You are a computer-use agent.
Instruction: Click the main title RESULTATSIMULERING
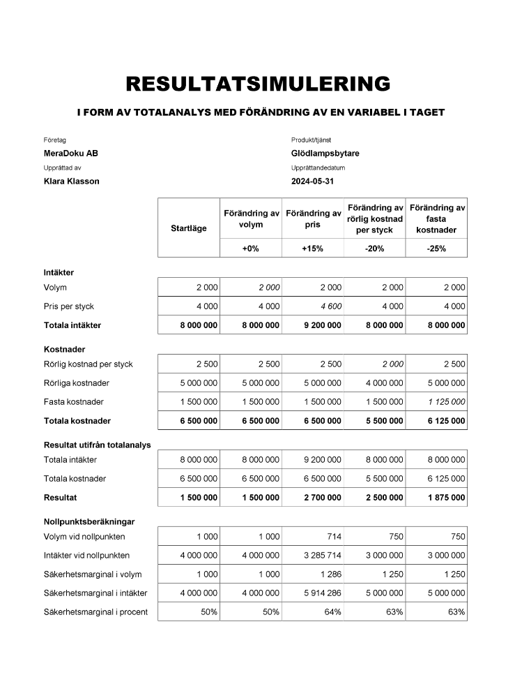(257, 84)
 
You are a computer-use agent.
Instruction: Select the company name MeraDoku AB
(71, 154)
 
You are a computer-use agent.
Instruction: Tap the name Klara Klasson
(72, 181)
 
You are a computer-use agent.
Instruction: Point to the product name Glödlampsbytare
(325, 154)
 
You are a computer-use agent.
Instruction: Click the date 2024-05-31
(313, 181)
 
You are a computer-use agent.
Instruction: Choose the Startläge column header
(188, 228)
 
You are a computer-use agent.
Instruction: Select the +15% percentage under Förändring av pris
(312, 248)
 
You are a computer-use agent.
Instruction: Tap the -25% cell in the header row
(436, 248)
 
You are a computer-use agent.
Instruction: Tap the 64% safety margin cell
(333, 612)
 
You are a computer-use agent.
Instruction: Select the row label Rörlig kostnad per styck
(88, 364)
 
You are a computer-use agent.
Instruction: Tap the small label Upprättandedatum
(318, 168)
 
